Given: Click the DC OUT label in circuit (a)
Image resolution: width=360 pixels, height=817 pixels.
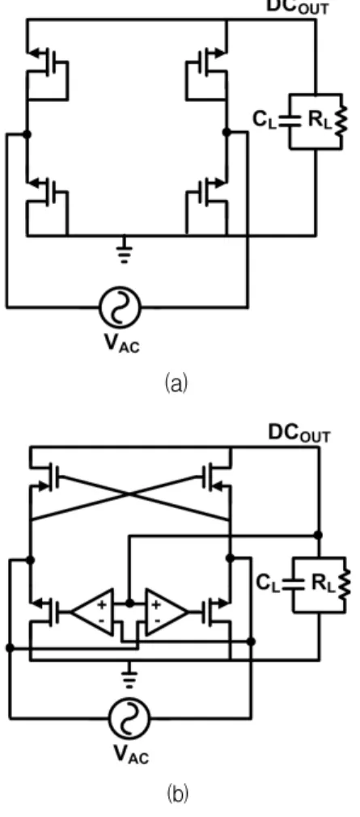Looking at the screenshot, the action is (x=298, y=6).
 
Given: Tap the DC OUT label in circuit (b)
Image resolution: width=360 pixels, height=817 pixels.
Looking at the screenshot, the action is (x=299, y=433).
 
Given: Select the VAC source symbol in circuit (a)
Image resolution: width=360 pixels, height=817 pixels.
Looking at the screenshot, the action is (x=120, y=307).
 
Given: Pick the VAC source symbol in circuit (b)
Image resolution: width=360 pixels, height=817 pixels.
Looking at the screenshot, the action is (x=129, y=719).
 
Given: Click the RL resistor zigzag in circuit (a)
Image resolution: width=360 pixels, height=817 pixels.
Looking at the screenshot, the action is (x=342, y=121).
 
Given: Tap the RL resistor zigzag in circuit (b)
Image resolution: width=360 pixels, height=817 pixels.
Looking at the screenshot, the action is (x=345, y=584).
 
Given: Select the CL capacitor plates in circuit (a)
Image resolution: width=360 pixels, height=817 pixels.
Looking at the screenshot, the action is (x=289, y=121).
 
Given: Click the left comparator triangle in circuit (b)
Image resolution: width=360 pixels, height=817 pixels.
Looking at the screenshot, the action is (x=93, y=612).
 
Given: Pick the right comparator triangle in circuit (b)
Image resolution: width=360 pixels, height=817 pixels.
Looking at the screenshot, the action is (x=166, y=612).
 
